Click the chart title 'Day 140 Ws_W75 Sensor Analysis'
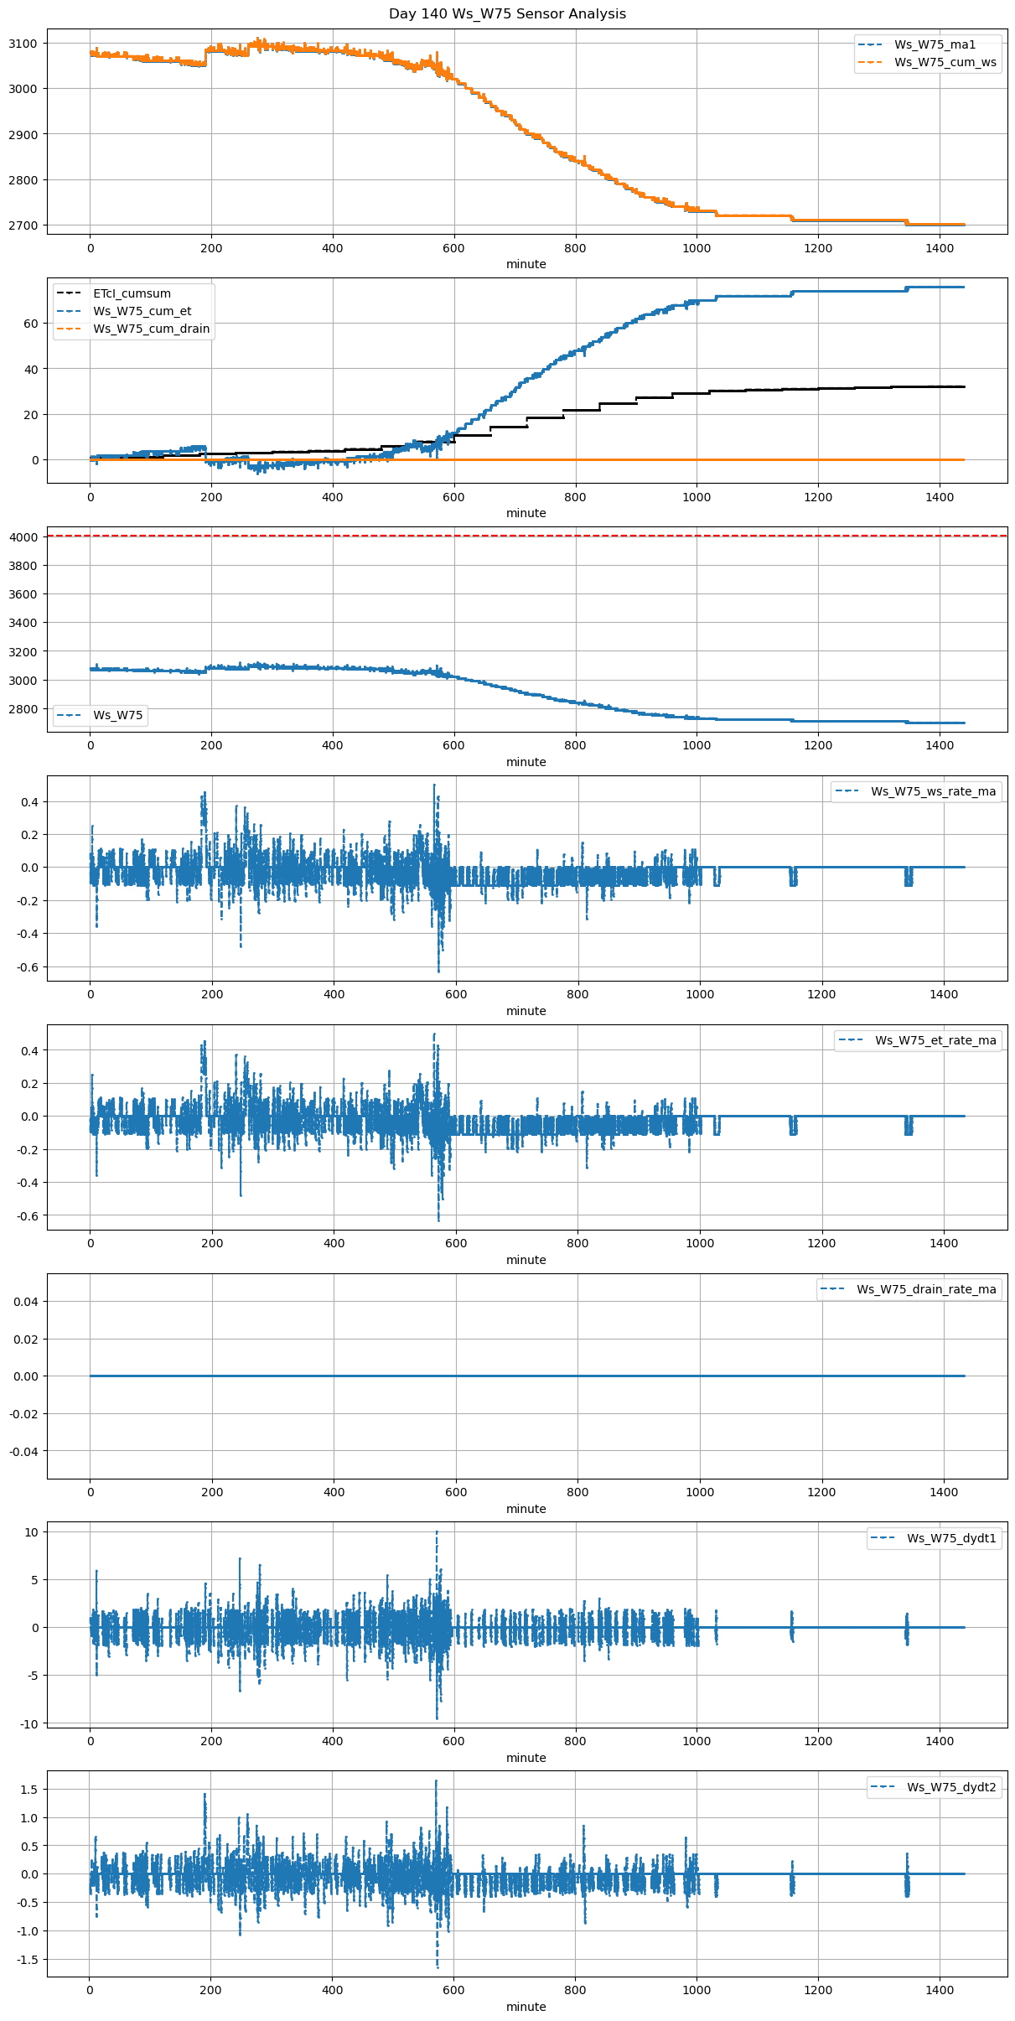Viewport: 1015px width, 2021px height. pyautogui.click(x=507, y=13)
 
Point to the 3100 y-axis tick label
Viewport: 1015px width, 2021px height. pyautogui.click(x=23, y=44)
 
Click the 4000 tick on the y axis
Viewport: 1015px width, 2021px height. pyautogui.click(x=23, y=537)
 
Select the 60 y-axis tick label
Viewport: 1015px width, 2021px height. pyautogui.click(x=31, y=324)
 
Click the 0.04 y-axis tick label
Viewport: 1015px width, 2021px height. pyautogui.click(x=25, y=1302)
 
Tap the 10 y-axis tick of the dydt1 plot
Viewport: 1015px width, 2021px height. pyautogui.click(x=32, y=1532)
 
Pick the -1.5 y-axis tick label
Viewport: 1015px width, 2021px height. pyautogui.click(x=25, y=1960)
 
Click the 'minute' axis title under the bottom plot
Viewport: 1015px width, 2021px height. pyautogui.click(x=526, y=2007)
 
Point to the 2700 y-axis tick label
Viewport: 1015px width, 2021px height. pyautogui.click(x=23, y=225)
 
